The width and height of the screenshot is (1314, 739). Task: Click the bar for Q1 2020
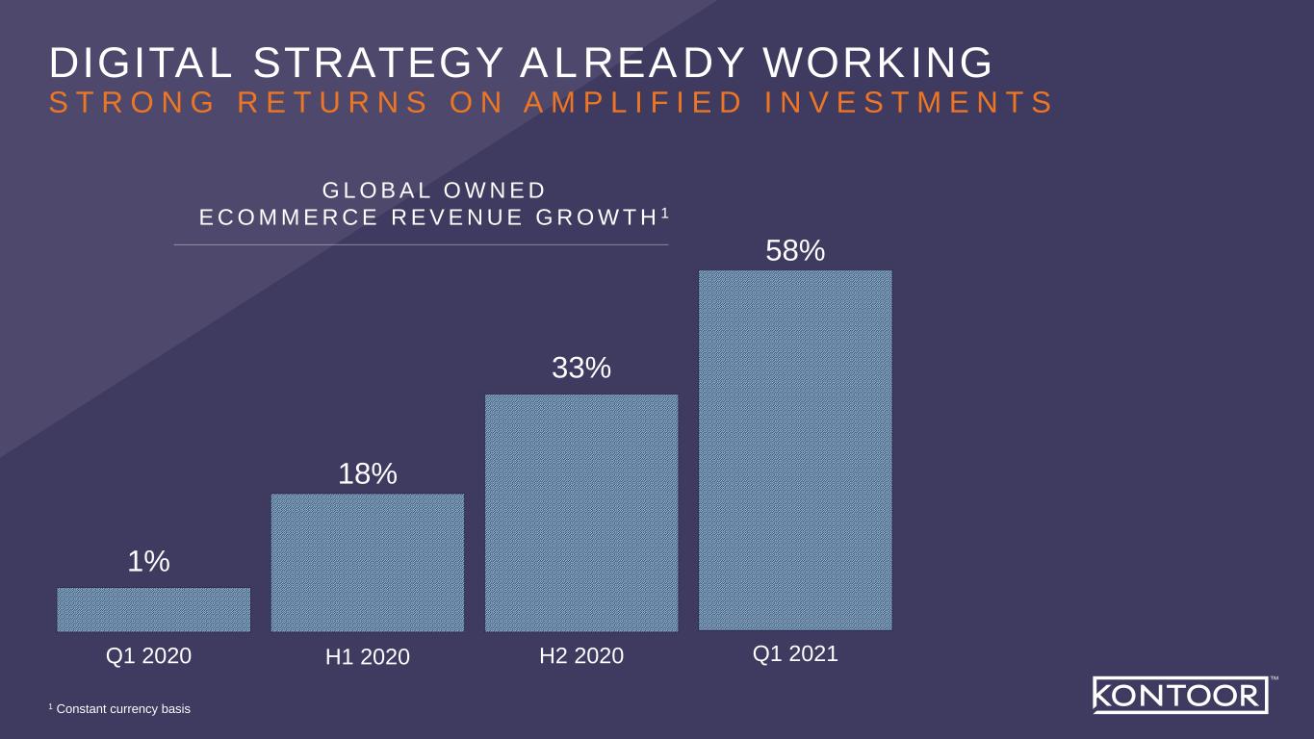(154, 609)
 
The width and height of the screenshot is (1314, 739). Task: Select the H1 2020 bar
(368, 562)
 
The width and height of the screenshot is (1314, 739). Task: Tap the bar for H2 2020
(581, 512)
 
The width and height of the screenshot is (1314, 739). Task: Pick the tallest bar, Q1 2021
(795, 449)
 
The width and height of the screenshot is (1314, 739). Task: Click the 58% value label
(795, 251)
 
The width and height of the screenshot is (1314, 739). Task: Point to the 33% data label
(581, 368)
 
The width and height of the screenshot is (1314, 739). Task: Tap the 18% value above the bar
(368, 473)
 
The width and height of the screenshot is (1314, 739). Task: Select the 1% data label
(149, 562)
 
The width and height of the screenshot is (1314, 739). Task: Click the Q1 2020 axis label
(148, 656)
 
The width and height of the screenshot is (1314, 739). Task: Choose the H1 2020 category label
(368, 657)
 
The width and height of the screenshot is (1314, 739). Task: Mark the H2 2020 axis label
(581, 656)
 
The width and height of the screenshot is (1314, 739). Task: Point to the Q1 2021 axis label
(795, 654)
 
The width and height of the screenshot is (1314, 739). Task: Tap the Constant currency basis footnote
(123, 709)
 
